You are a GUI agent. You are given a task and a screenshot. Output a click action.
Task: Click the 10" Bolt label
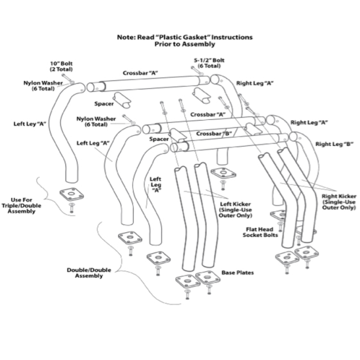61,62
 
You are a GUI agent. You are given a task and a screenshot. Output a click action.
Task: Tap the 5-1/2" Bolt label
209,60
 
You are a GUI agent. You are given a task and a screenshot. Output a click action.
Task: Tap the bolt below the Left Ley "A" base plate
70,208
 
